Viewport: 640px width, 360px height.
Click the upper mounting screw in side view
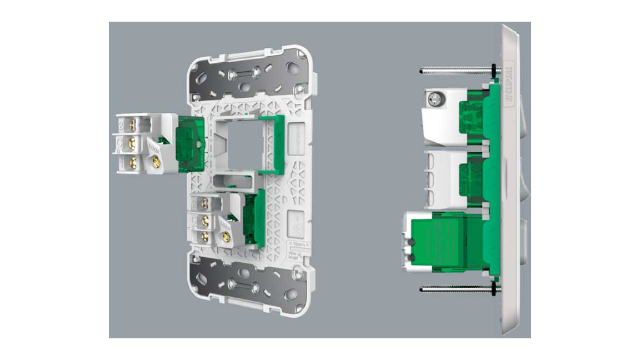point(453,70)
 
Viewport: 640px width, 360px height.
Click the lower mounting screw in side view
point(453,288)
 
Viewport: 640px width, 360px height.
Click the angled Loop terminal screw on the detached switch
point(156,163)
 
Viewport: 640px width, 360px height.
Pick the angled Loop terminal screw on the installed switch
point(225,238)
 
